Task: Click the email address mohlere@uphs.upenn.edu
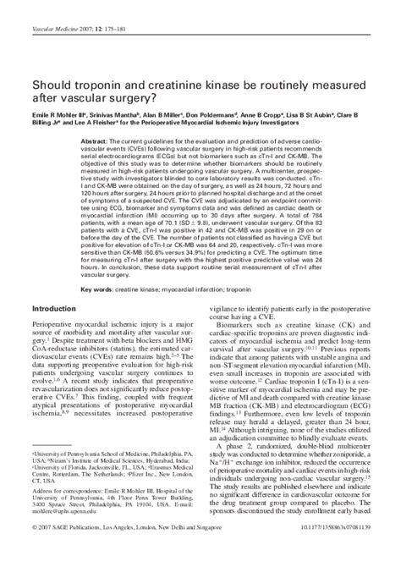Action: pyautogui.click(x=72, y=511)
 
